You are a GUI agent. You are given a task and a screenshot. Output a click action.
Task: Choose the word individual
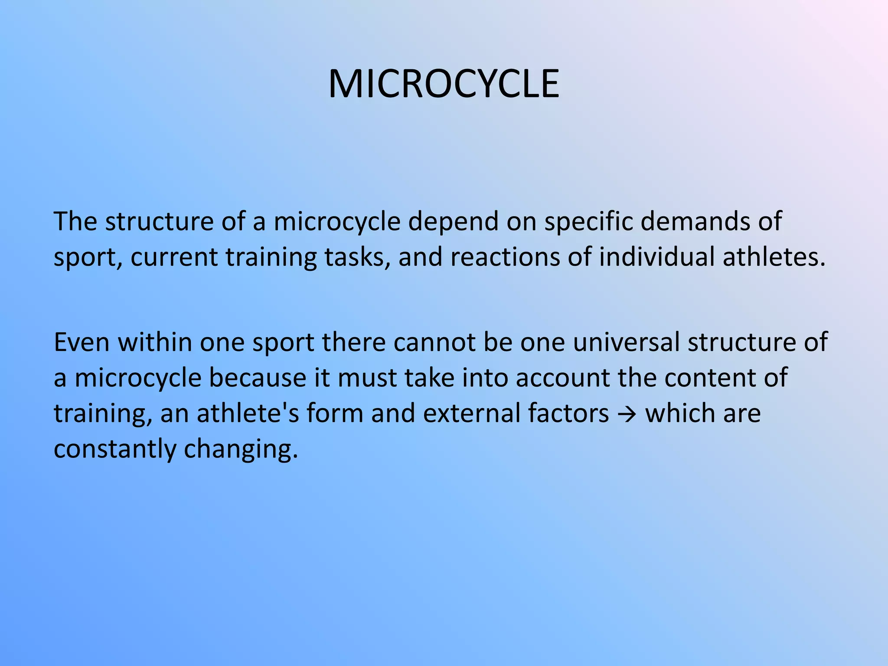tap(656, 257)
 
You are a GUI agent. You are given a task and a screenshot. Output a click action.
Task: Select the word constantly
tap(114, 448)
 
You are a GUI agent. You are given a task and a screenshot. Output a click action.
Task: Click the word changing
tap(241, 448)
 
